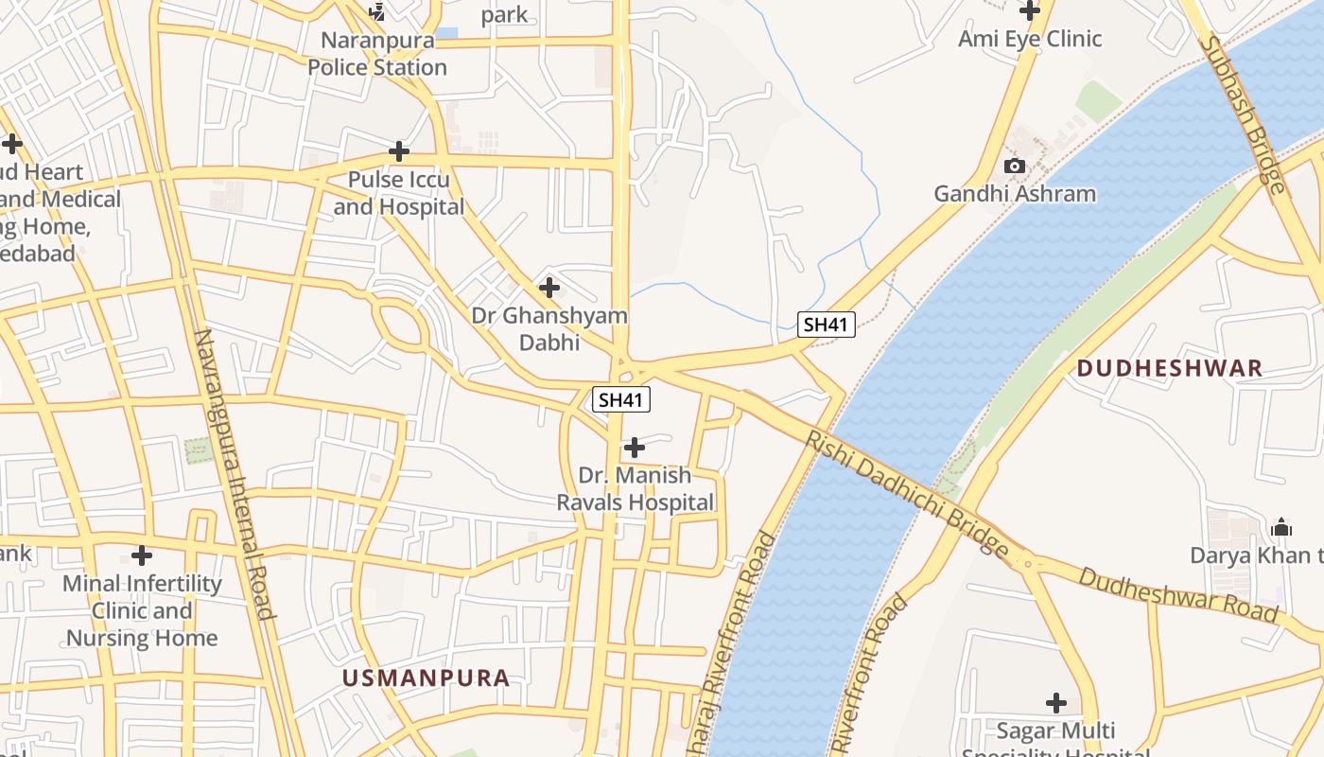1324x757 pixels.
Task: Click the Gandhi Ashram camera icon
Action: pos(1015,167)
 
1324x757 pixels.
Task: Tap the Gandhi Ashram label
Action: pos(1015,194)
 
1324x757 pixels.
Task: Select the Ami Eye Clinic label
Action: pos(1030,39)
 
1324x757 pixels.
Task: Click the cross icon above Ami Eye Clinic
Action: pos(1030,11)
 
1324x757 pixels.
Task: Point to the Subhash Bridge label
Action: pos(1244,114)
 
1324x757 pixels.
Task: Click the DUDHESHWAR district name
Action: pos(1170,368)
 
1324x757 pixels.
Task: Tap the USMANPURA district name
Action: pos(426,678)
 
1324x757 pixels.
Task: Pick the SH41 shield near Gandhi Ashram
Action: pos(826,325)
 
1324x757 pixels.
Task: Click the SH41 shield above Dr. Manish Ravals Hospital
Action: pos(621,399)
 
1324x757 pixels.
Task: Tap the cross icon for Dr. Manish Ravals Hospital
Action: pos(635,447)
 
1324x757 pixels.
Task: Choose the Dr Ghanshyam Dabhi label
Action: pos(549,328)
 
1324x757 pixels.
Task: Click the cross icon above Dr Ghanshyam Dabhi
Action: pos(549,288)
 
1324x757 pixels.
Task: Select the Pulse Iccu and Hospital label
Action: pos(399,193)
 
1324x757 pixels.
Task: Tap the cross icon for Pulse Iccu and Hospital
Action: pos(399,151)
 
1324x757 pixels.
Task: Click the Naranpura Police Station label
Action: pos(377,54)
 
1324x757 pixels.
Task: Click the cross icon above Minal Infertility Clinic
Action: pos(142,555)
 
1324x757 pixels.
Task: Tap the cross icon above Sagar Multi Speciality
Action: pos(1056,703)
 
